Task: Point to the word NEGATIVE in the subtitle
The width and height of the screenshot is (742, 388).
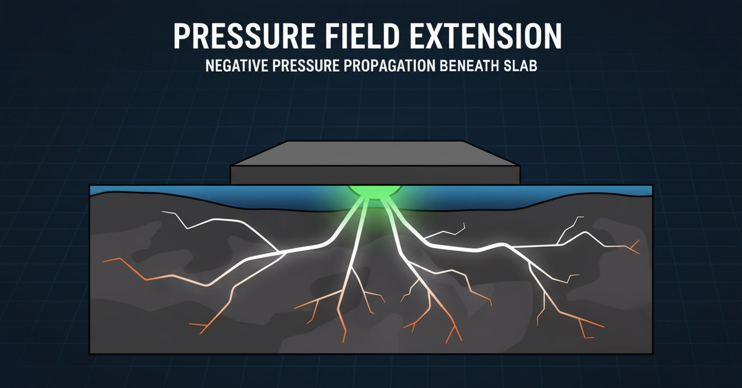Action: click(x=236, y=67)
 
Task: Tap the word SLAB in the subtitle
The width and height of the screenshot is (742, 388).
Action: click(x=521, y=67)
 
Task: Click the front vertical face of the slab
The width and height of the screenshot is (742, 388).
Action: click(x=375, y=175)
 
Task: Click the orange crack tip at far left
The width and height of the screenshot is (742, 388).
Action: click(x=104, y=260)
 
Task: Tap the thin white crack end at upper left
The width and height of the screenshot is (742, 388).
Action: click(x=163, y=212)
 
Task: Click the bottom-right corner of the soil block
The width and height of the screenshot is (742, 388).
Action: click(x=652, y=354)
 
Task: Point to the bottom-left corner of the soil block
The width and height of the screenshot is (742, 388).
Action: click(x=90, y=353)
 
